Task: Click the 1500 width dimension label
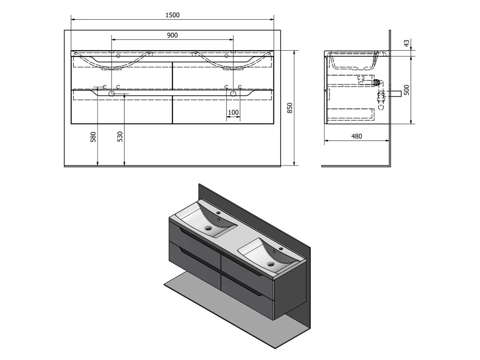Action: coord(172,15)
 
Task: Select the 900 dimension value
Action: coord(172,35)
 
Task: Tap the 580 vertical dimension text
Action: coord(93,136)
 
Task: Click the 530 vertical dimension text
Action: coord(120,136)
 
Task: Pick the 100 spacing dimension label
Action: coord(233,112)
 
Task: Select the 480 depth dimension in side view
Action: coord(357,136)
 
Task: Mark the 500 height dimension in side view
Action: coord(407,90)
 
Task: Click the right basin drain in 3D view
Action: coord(270,265)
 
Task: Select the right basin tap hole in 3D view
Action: coord(281,249)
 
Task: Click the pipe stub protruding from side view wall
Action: coord(397,93)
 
